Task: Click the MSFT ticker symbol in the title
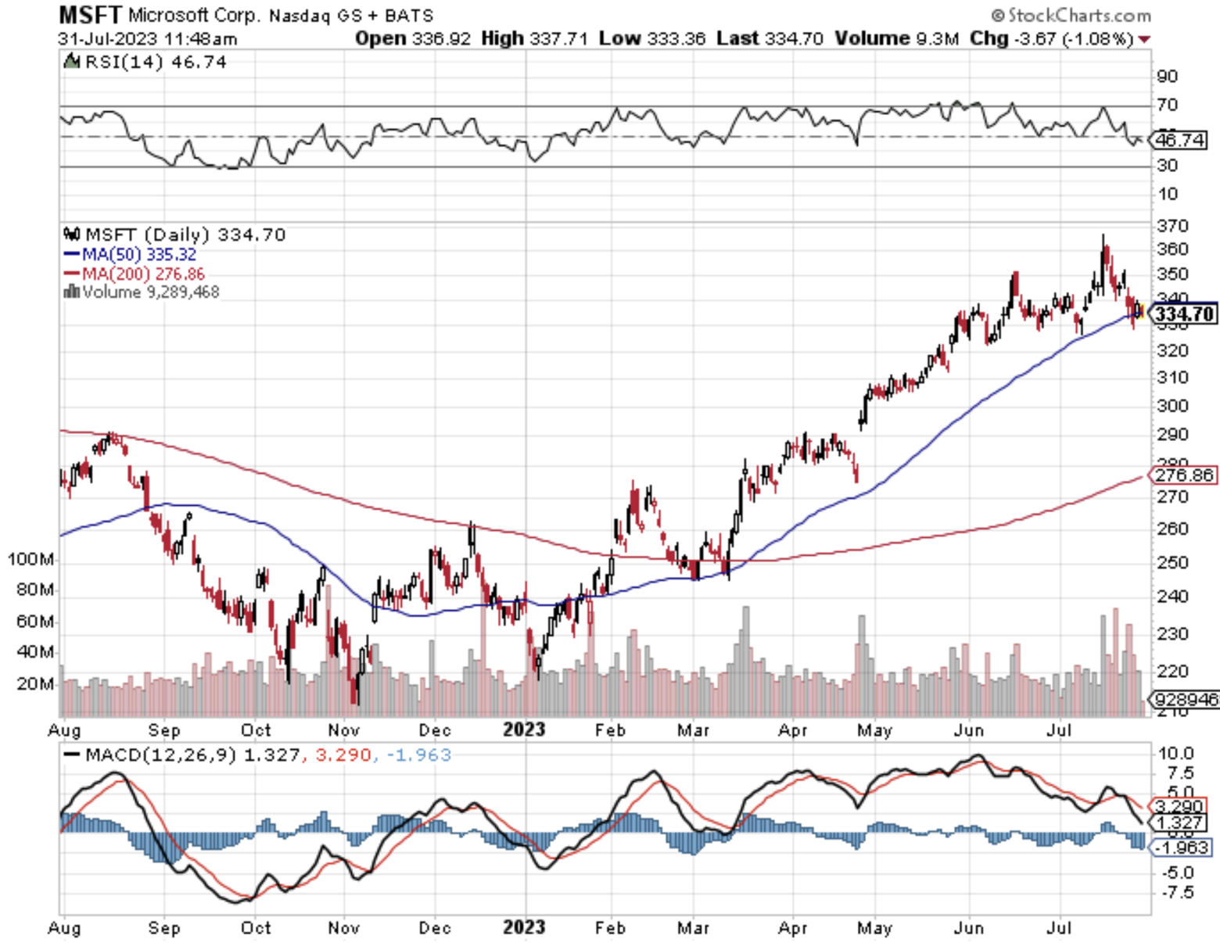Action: click(90, 14)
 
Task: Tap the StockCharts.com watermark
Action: click(1071, 15)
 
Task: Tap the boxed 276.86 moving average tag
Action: click(1184, 475)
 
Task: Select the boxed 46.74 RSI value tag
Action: click(1180, 140)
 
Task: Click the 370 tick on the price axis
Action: click(1172, 226)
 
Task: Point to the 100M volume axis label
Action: click(30, 559)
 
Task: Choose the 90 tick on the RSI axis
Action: click(1167, 76)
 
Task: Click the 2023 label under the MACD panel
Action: click(523, 927)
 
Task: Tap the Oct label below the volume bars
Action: click(255, 730)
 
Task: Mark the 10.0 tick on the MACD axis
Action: click(1175, 753)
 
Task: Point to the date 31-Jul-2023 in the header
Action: click(107, 38)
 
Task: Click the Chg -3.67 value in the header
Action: click(1051, 38)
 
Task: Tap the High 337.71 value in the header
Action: click(534, 38)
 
